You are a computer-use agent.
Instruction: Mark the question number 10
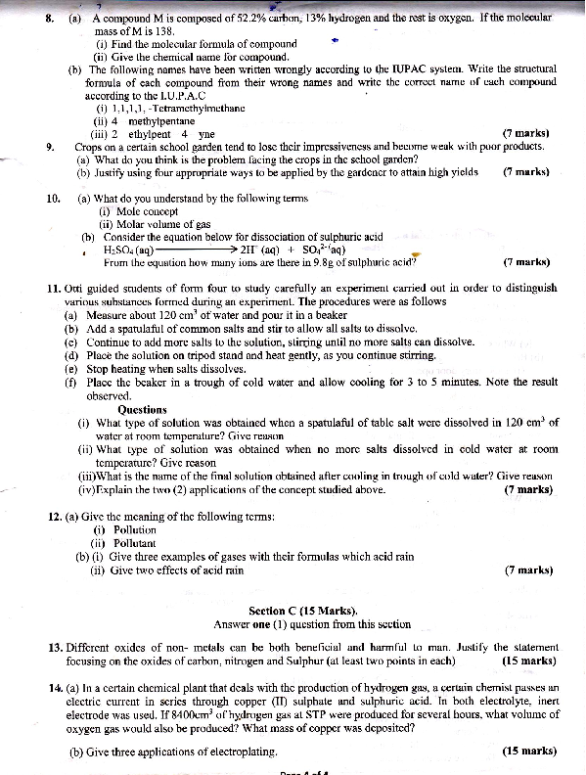54,199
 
